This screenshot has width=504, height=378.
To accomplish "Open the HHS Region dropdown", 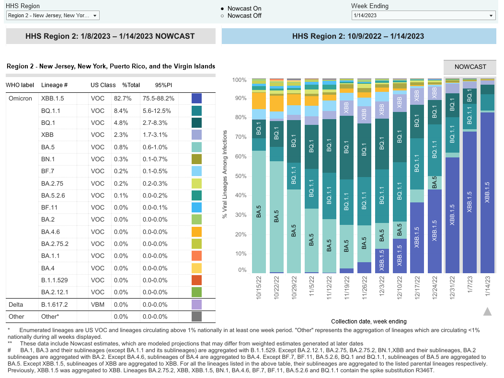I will (53, 16).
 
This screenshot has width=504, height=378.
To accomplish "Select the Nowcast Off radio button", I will (222, 16).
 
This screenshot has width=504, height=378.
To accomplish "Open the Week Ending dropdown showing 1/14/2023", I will (423, 16).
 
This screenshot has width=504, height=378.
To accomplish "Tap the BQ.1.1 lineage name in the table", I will (50, 111).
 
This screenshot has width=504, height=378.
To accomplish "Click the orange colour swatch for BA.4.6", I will (196, 232).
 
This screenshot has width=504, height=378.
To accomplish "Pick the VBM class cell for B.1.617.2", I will (98, 304).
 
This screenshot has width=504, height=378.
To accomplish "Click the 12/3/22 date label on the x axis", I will (382, 286).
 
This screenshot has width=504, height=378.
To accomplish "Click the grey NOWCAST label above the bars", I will (470, 67).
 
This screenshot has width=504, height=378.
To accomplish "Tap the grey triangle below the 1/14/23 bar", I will (487, 312).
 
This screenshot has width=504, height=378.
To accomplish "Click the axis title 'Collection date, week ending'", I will (368, 322).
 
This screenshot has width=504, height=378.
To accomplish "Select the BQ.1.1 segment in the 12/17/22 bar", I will (417, 164).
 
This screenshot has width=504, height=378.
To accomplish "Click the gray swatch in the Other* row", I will (196, 316).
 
